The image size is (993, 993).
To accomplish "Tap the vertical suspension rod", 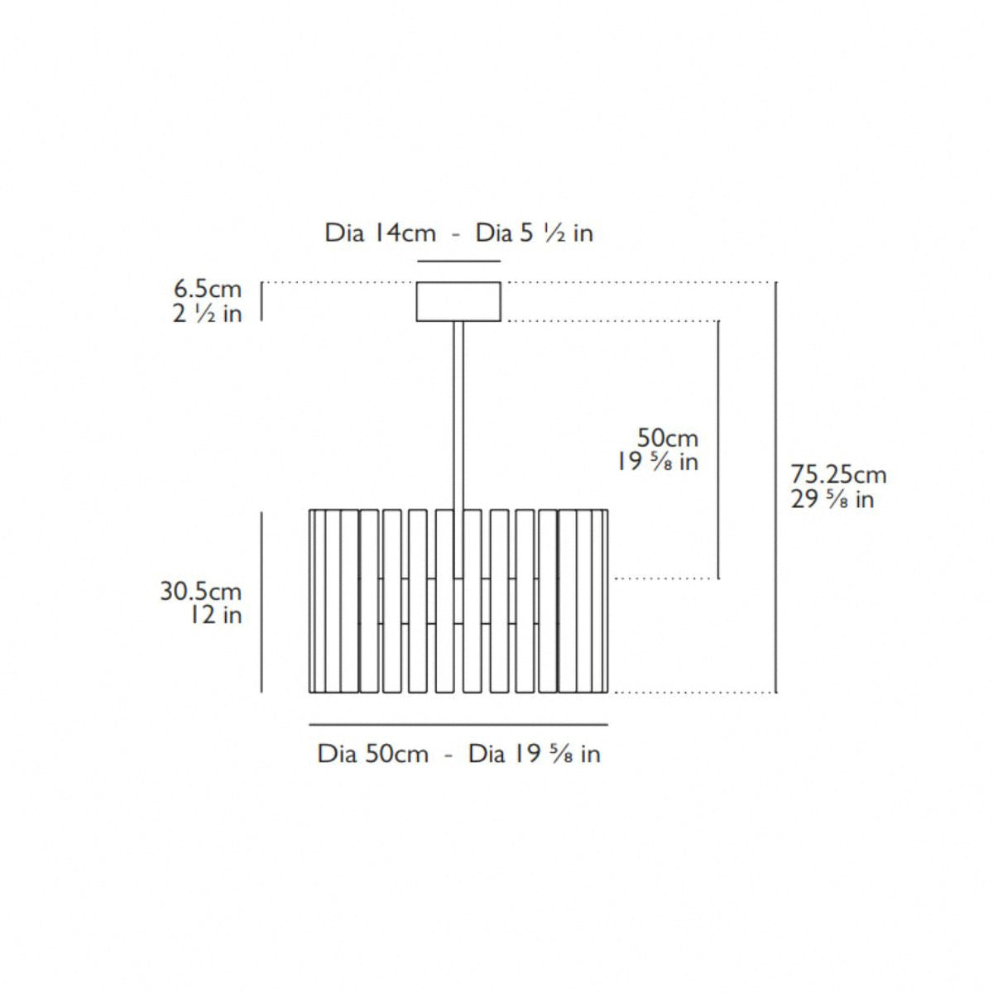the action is pyautogui.click(x=458, y=449).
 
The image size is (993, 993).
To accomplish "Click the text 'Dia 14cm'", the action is pyautogui.click(x=381, y=233).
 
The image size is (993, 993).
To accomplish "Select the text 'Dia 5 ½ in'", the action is pyautogui.click(x=534, y=233).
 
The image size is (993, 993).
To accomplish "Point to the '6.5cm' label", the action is pyautogui.click(x=208, y=289).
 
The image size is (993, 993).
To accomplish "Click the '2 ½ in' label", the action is pyautogui.click(x=207, y=314).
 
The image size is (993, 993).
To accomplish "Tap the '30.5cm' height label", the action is pyautogui.click(x=200, y=591).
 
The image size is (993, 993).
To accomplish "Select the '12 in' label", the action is pyautogui.click(x=216, y=615).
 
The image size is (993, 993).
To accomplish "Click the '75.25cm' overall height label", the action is pyautogui.click(x=838, y=475).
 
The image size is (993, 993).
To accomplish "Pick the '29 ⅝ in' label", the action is pyautogui.click(x=832, y=499).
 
